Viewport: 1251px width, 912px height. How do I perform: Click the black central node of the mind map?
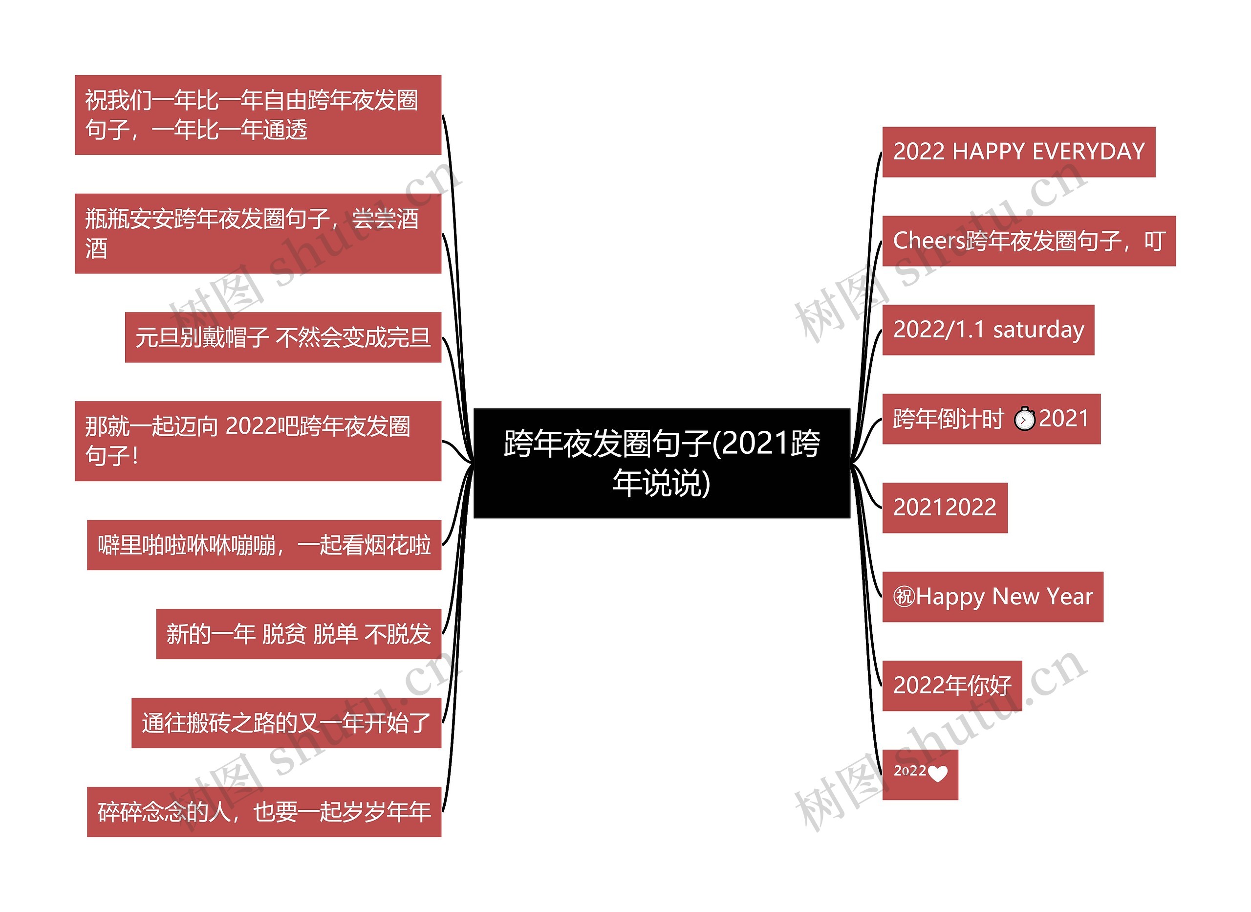[x=661, y=463]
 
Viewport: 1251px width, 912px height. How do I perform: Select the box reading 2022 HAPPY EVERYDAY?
[x=1018, y=152]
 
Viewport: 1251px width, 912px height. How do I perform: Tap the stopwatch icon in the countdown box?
[x=1024, y=419]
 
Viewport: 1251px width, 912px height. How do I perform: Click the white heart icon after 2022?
[x=938, y=774]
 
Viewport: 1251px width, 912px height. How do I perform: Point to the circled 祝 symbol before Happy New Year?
[x=904, y=597]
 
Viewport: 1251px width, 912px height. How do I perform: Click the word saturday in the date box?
[x=1038, y=330]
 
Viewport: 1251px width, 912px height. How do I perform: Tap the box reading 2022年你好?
[x=951, y=686]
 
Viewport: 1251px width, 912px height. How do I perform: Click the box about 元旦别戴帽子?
[x=282, y=337]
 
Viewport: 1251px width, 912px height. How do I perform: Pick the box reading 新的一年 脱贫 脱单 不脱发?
[x=298, y=634]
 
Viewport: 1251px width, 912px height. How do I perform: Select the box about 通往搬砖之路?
[x=286, y=723]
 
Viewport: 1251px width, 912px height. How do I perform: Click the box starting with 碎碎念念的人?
[x=264, y=812]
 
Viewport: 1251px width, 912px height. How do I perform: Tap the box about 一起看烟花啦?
[x=264, y=545]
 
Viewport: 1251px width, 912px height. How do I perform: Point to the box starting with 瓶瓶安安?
[x=258, y=234]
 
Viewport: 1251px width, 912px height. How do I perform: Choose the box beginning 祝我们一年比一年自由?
[x=258, y=115]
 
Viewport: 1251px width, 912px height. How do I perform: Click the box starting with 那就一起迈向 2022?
[x=258, y=441]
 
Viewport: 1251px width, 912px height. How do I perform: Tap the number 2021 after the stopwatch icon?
[x=1064, y=419]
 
